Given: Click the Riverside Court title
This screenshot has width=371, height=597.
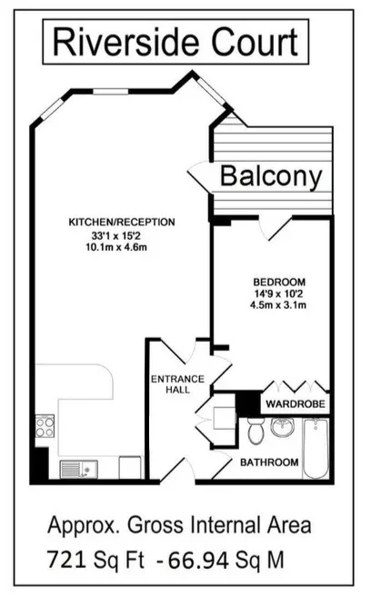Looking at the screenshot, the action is coord(175,42).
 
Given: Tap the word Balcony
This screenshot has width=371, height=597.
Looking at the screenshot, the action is coord(271,176).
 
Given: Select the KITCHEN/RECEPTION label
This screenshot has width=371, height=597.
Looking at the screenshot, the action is coord(122,222).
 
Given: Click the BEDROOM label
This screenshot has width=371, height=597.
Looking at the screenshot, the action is coord(279,282).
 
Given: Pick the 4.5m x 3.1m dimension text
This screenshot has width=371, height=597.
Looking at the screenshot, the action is coord(278,305).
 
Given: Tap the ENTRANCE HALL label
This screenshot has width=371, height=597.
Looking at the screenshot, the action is coord(178,384).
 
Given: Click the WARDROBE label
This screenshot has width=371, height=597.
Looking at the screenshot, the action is coord(296,404).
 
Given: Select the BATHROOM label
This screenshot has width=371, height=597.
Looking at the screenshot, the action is coord(269,463).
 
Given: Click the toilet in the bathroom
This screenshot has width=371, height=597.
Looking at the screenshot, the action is coord(256,431).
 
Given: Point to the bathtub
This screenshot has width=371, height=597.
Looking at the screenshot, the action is coord(316,449).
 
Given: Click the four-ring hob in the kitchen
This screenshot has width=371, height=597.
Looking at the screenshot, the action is coord(45,426).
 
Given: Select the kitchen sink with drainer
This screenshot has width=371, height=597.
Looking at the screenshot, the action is coord(79,470).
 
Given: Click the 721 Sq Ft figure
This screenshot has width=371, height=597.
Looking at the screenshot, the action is coord(95,560).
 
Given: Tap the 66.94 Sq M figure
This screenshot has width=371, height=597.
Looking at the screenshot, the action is coord(226,560).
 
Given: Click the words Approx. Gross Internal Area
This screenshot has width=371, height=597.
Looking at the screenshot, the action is coord(179,525).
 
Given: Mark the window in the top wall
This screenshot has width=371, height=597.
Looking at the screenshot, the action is coord(111,92).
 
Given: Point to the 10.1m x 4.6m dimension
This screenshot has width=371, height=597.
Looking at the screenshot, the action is coord(116,247).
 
